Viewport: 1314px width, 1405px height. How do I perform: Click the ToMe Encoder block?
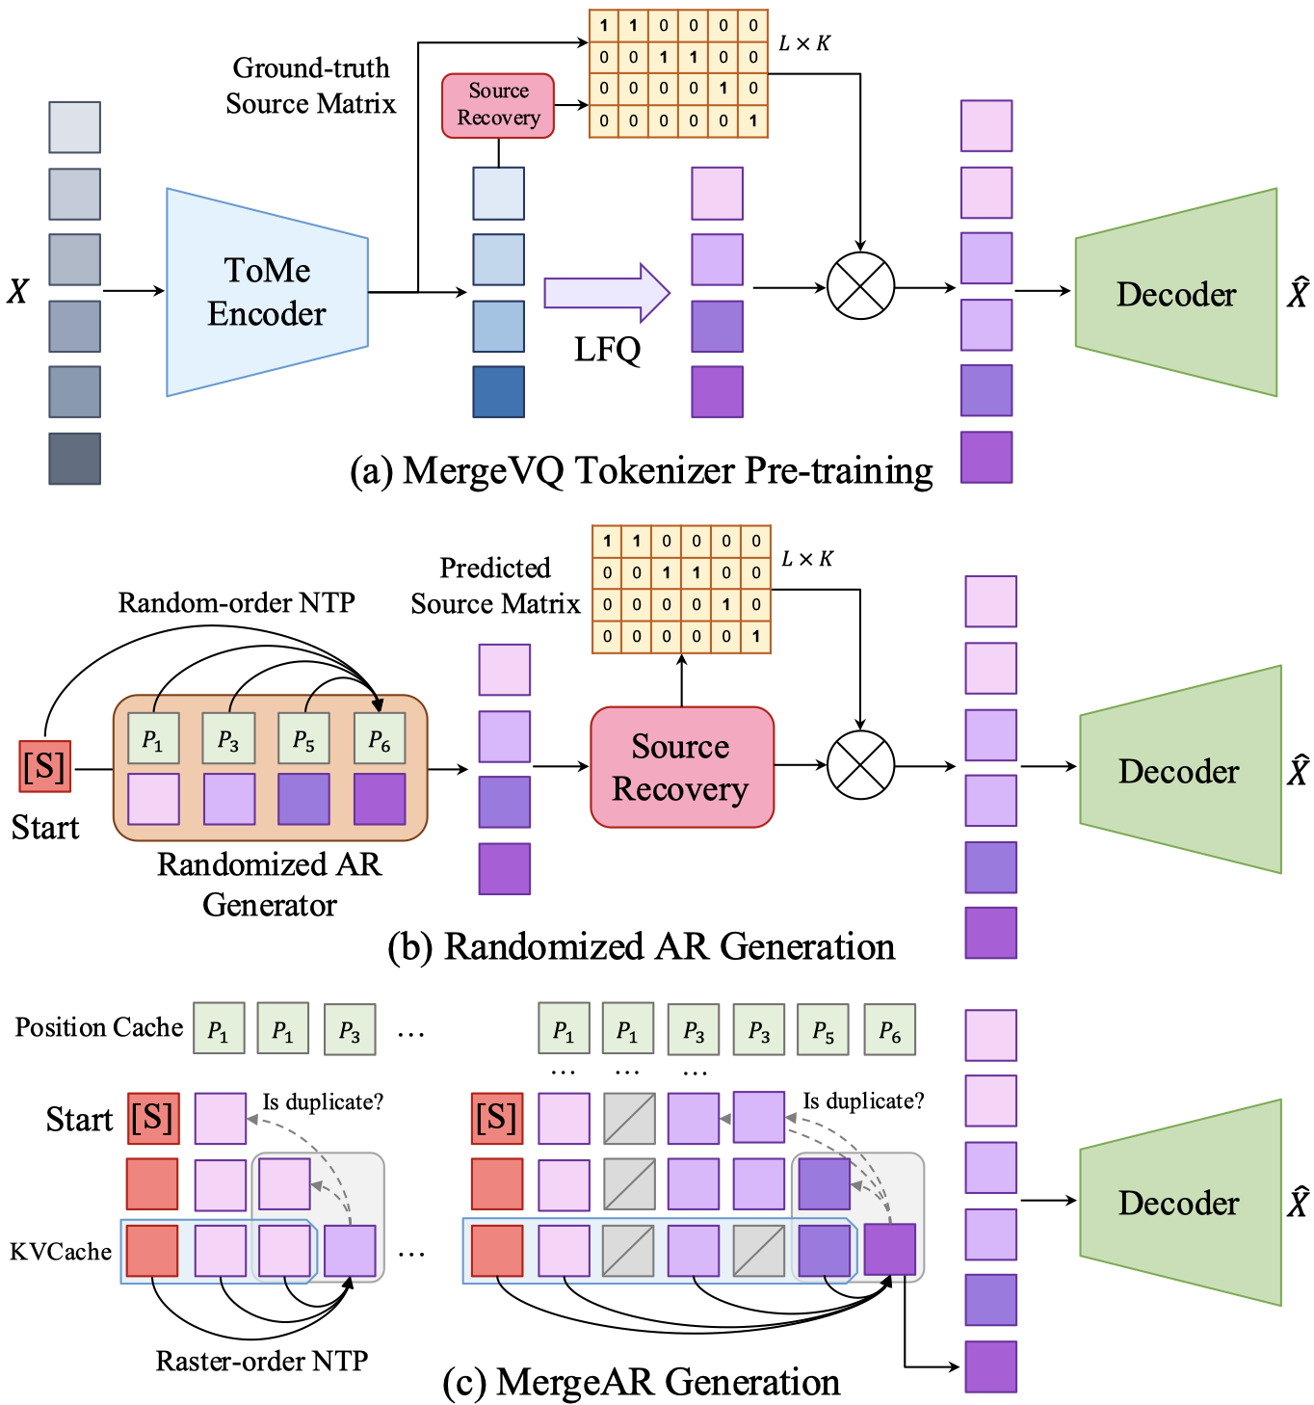(x=267, y=292)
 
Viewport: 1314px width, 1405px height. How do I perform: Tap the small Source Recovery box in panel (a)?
(x=498, y=105)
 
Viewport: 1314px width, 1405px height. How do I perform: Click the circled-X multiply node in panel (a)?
(x=860, y=286)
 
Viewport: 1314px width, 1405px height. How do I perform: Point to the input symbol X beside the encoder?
(x=17, y=291)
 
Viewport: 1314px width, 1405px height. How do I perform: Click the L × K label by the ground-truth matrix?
(x=804, y=43)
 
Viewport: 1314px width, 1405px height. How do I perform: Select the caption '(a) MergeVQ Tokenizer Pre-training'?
(x=642, y=471)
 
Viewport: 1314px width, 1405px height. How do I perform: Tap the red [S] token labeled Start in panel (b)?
(x=45, y=766)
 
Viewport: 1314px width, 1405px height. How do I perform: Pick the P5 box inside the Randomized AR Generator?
(x=303, y=739)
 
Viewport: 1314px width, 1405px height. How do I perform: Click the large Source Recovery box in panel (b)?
(x=681, y=767)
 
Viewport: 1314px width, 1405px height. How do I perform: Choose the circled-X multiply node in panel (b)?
(x=860, y=764)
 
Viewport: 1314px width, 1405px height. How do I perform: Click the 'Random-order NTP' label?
(x=236, y=603)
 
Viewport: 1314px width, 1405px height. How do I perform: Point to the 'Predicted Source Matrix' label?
(x=495, y=586)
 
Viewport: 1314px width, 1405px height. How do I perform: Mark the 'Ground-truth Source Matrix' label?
(x=310, y=86)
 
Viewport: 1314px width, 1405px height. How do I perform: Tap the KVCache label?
(x=61, y=1252)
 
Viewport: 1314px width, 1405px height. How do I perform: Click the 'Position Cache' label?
(x=99, y=1027)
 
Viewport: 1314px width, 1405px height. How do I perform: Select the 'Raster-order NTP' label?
(x=262, y=1361)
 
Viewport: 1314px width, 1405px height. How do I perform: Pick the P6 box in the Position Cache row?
(x=889, y=1030)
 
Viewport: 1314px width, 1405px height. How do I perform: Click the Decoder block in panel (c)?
(x=1180, y=1203)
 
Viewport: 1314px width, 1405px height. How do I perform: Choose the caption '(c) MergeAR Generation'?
(x=642, y=1382)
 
